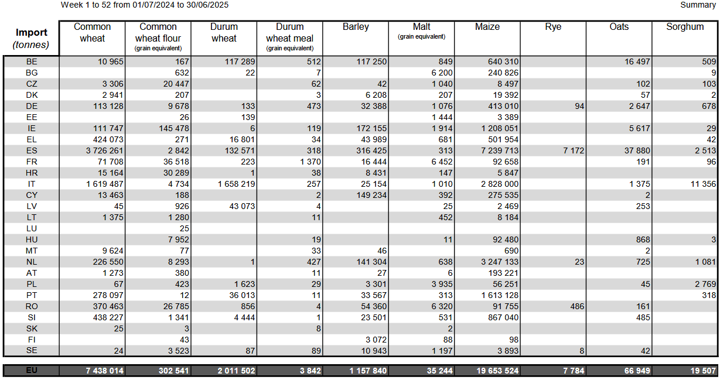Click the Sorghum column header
685,27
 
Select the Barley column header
356,27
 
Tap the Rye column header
553,27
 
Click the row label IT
32,184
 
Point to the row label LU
32,228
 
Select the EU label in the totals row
32,371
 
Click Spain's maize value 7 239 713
500,150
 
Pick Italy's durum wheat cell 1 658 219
236,184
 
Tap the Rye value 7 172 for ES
574,150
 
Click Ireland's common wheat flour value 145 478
174,128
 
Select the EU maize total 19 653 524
497,371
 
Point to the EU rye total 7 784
574,371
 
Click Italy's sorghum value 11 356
703,184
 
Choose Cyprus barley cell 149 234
371,196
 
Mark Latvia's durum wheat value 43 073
242,206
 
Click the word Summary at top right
698,5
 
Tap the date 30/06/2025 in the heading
207,5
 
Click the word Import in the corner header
32,32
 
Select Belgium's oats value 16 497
637,61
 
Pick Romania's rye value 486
577,306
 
